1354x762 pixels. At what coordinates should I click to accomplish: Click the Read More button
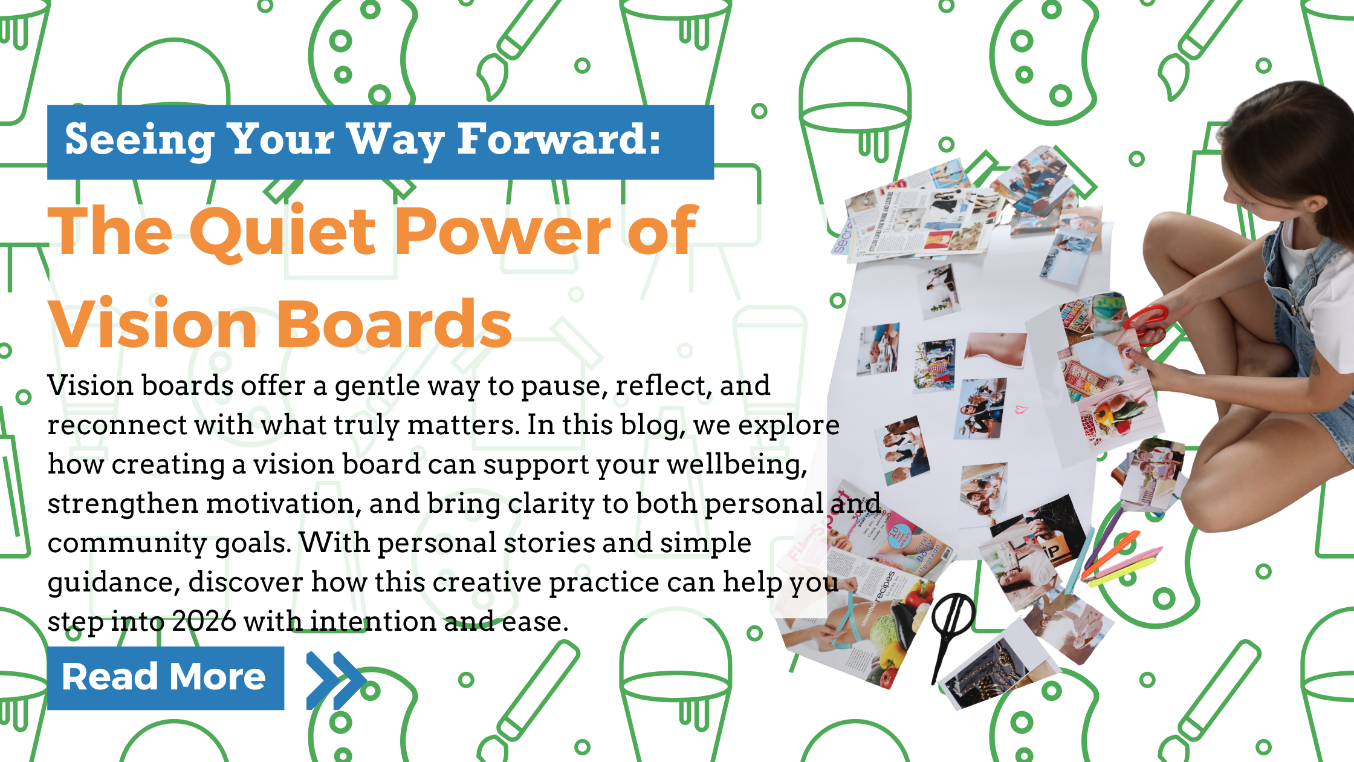(x=165, y=677)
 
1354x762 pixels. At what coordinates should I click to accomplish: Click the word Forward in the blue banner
(x=559, y=140)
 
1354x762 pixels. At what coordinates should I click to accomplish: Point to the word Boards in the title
(x=394, y=325)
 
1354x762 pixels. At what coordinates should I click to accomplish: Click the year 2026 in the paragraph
(x=204, y=622)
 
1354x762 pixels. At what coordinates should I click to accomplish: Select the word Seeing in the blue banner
(x=139, y=140)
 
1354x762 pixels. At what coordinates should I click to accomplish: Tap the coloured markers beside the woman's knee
(x=1118, y=559)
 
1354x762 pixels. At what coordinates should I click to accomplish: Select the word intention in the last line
(x=375, y=622)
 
